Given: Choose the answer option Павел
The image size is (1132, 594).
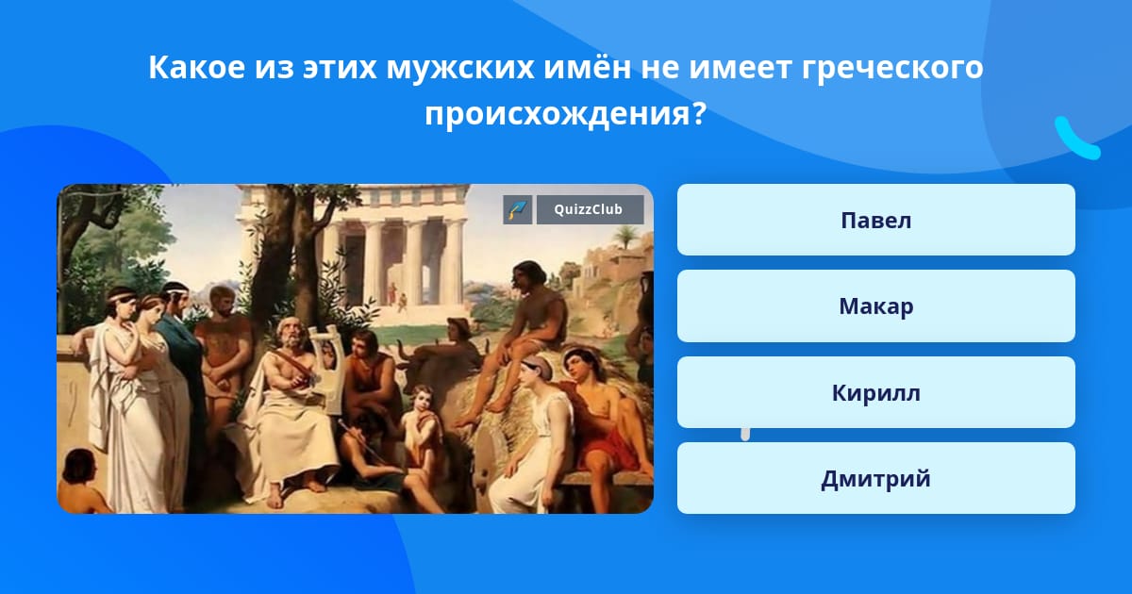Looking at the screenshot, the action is coord(875,220).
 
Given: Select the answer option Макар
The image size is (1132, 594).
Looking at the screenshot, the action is coord(875,306).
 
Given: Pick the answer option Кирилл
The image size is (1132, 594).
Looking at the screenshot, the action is coord(875,392).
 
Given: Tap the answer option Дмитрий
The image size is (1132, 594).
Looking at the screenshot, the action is coord(875,478).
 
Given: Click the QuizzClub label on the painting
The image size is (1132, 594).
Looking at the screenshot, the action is coord(590,209).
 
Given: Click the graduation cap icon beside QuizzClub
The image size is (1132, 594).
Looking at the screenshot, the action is coord(517,209).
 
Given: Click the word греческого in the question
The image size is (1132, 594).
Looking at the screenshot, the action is coord(892,67).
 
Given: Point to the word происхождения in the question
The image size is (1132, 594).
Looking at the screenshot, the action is coord(557,114).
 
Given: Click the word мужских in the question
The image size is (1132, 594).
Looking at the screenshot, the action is coord(460,67).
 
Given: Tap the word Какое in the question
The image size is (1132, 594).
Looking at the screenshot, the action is coord(197,67).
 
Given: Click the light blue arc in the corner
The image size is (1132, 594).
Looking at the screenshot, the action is coord(1076,139).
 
